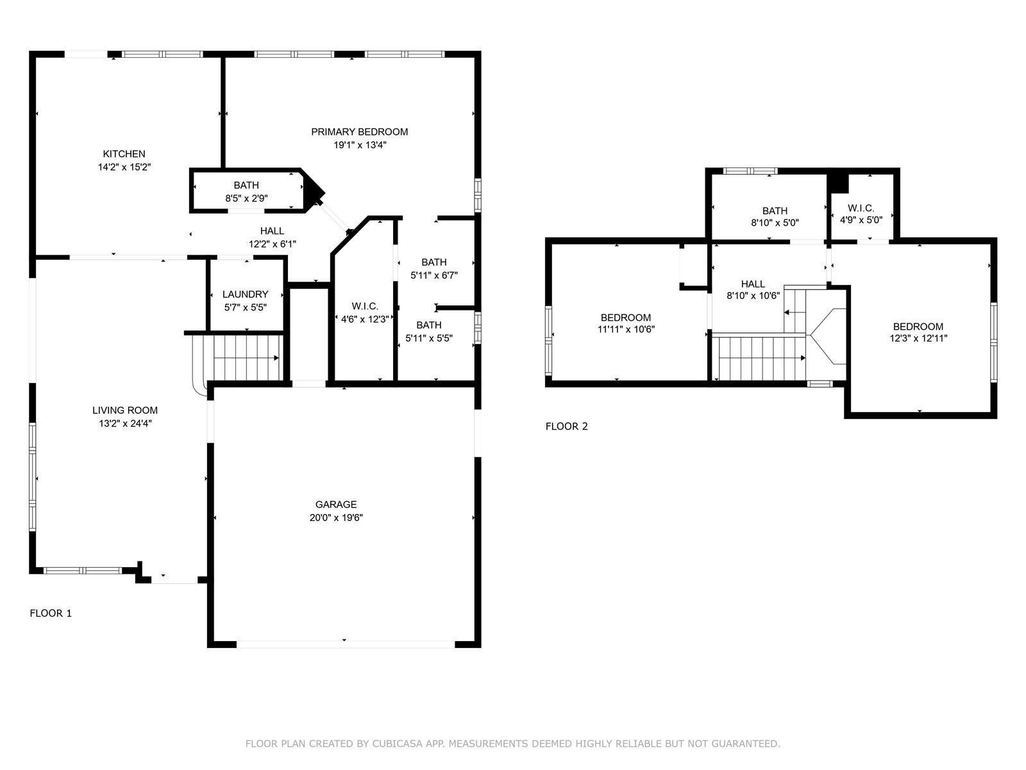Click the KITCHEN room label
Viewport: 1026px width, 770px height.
click(x=124, y=154)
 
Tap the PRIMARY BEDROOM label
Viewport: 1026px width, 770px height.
click(x=359, y=132)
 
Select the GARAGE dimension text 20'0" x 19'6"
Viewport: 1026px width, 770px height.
click(x=336, y=518)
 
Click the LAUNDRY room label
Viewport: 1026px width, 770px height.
click(x=245, y=295)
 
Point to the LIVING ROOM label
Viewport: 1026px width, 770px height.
click(x=124, y=411)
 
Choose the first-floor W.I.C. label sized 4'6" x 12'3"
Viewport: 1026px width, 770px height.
click(x=364, y=307)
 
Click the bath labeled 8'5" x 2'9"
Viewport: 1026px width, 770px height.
click(x=246, y=186)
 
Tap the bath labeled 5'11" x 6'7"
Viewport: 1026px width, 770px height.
click(x=433, y=262)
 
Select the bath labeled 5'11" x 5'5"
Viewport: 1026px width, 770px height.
click(x=428, y=325)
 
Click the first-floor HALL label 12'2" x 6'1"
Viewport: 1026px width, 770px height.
click(x=272, y=232)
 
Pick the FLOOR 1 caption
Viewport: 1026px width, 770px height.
click(x=51, y=613)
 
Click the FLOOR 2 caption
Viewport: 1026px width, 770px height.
click(x=566, y=427)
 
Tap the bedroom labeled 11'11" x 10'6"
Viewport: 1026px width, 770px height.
click(x=625, y=318)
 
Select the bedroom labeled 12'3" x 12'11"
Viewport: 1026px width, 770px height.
click(x=918, y=327)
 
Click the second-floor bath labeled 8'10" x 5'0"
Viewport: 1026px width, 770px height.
click(x=775, y=211)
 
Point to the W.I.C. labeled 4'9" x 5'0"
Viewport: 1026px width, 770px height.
click(x=861, y=209)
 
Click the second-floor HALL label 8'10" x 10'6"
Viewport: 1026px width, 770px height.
click(x=753, y=284)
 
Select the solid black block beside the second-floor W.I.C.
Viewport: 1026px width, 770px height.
click(x=838, y=182)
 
